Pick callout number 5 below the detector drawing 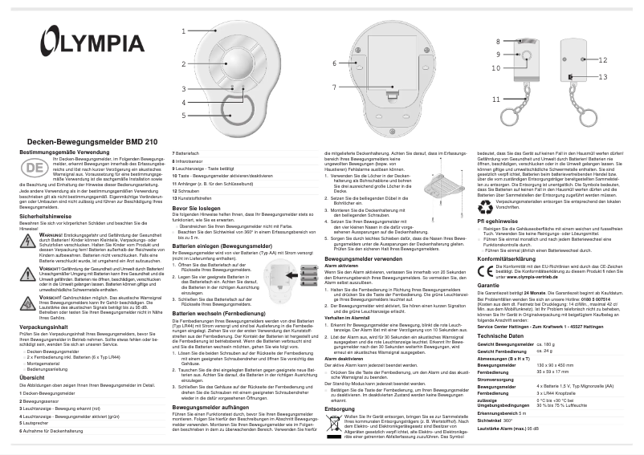[x=184, y=116]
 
